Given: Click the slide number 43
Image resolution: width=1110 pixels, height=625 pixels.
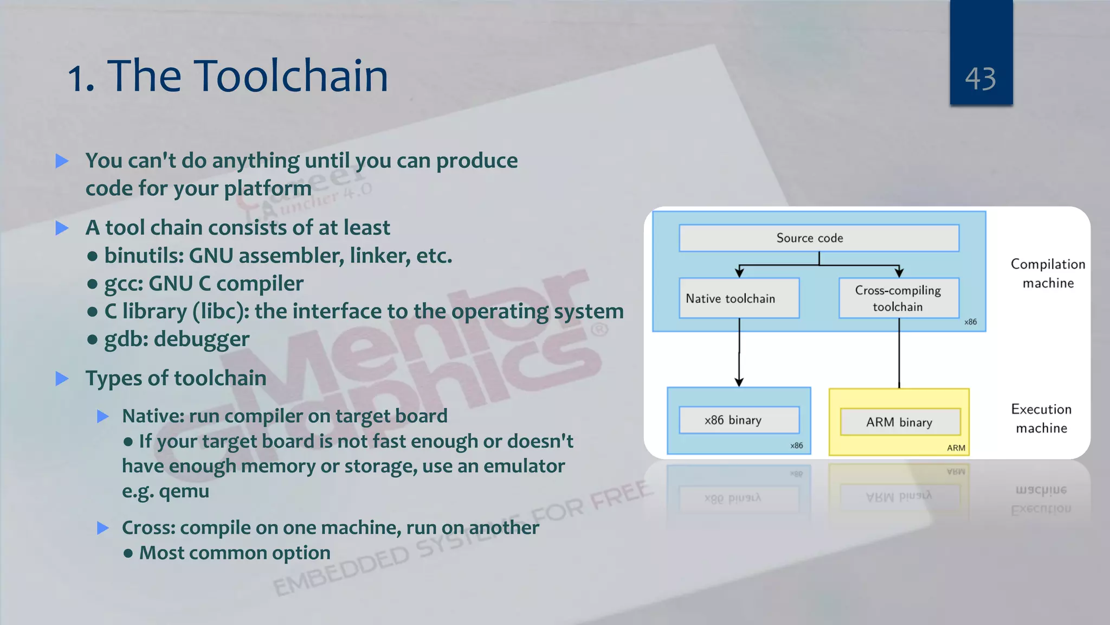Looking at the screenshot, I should tap(980, 79).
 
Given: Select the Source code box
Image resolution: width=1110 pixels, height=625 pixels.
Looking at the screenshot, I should tap(818, 238).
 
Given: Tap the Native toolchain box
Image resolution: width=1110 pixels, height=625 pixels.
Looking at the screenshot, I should tap(739, 298).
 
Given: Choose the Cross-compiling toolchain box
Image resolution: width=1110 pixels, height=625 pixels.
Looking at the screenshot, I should tap(898, 298).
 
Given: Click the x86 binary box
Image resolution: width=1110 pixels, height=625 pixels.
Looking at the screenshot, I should tap(739, 420).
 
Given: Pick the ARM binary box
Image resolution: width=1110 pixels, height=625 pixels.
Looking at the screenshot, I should tap(900, 422).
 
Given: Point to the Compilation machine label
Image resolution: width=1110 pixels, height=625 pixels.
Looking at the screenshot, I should tap(1048, 273).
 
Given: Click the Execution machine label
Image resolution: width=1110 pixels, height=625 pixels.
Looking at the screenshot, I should tap(1041, 418).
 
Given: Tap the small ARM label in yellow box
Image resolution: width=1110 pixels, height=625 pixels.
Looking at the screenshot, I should tap(956, 448).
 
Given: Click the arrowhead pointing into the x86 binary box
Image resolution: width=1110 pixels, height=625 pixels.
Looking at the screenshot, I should tap(739, 382).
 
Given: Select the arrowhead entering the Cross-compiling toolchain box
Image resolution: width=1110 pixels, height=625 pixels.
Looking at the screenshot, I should tap(899, 273).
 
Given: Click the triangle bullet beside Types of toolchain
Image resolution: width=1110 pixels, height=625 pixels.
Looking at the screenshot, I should tap(62, 379).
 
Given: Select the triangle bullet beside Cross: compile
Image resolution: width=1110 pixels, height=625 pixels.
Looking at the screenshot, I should tap(103, 528).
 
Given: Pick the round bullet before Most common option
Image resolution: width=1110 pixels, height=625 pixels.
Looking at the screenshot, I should tap(128, 553).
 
